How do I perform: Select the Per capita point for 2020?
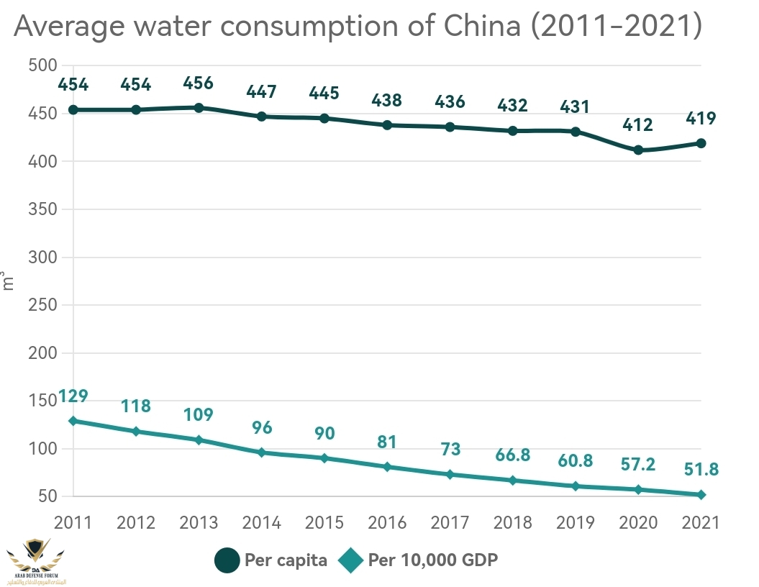coord(638,150)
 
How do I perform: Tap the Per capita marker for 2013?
coord(199,108)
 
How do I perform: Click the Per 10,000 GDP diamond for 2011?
coord(73,421)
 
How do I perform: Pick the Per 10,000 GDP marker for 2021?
coord(701,495)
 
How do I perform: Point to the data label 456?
coord(199,83)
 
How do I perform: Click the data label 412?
coord(638,125)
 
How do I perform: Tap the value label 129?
coord(73,396)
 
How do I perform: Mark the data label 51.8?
coord(701,470)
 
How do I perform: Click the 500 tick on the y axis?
coord(43,65)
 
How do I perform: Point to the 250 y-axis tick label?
coord(43,305)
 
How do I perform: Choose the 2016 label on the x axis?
coord(387,523)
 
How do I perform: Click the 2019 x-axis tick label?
coord(576,523)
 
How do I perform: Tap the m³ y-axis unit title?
coord(8,281)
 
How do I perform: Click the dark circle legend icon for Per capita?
coord(228,560)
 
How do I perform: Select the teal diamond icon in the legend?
coord(352,560)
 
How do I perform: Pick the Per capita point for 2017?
coord(450,127)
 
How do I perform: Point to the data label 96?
coord(262,427)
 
